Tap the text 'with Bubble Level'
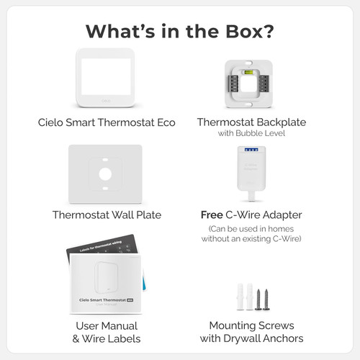pos(251,133)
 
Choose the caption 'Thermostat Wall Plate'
pos(107,215)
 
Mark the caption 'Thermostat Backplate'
pos(251,122)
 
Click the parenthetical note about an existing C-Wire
pos(251,233)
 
